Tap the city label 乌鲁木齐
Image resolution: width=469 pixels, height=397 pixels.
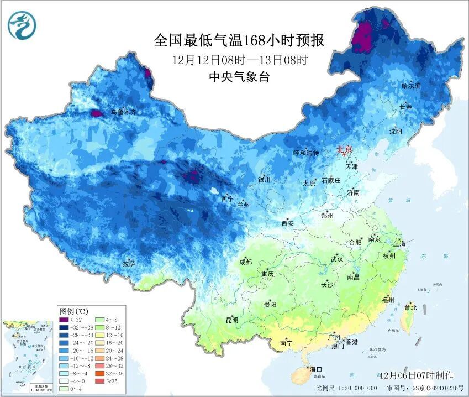click(123, 112)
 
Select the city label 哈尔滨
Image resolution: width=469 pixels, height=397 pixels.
click(411, 86)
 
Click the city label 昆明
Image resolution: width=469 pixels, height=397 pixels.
click(231, 320)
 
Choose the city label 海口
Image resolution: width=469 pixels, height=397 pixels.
click(315, 369)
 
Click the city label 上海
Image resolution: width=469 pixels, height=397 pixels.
click(399, 244)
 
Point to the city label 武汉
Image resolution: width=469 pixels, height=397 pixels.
click(337, 259)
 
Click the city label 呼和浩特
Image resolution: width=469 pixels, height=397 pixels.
click(305, 153)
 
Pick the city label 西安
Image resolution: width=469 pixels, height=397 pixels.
click(288, 223)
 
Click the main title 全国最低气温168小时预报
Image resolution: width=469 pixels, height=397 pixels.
click(239, 40)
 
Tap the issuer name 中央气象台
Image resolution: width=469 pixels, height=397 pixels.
click(239, 77)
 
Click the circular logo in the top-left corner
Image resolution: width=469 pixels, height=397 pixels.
click(22, 25)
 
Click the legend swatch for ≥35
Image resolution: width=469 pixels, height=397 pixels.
click(100, 381)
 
